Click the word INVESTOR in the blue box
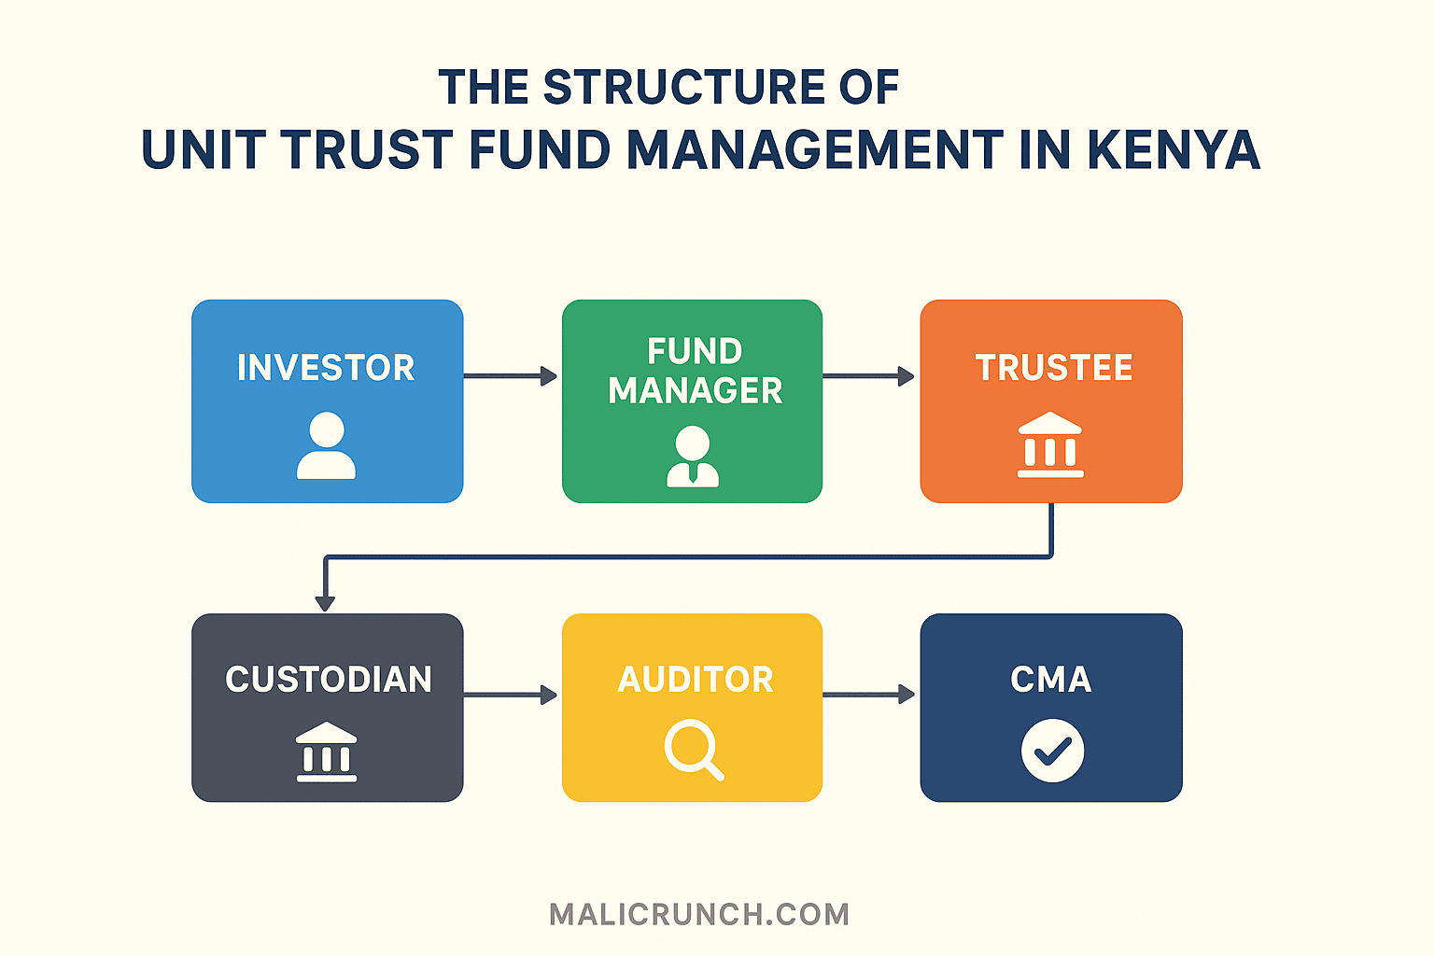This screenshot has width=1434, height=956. (326, 368)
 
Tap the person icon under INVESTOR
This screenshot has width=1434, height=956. (326, 446)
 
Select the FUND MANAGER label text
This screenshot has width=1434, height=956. (695, 371)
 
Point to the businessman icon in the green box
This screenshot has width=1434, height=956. (693, 457)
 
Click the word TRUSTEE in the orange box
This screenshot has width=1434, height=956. (1054, 368)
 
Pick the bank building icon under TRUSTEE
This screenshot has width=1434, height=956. (1050, 445)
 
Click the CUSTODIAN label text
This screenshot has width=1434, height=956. (329, 680)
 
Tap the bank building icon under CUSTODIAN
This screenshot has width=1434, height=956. (326, 752)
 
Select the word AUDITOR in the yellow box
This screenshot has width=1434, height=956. (696, 680)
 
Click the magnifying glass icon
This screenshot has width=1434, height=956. (694, 751)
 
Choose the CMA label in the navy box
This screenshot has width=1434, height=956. (1051, 680)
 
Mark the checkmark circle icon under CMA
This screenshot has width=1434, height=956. (1052, 751)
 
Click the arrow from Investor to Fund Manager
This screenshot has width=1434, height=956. (511, 376)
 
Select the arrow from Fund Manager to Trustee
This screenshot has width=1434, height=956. (868, 376)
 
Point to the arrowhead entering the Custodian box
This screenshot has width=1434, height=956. (325, 602)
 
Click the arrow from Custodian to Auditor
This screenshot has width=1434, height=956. (511, 695)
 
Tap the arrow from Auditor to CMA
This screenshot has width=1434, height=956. (868, 695)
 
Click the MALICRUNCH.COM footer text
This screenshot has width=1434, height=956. (699, 914)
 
